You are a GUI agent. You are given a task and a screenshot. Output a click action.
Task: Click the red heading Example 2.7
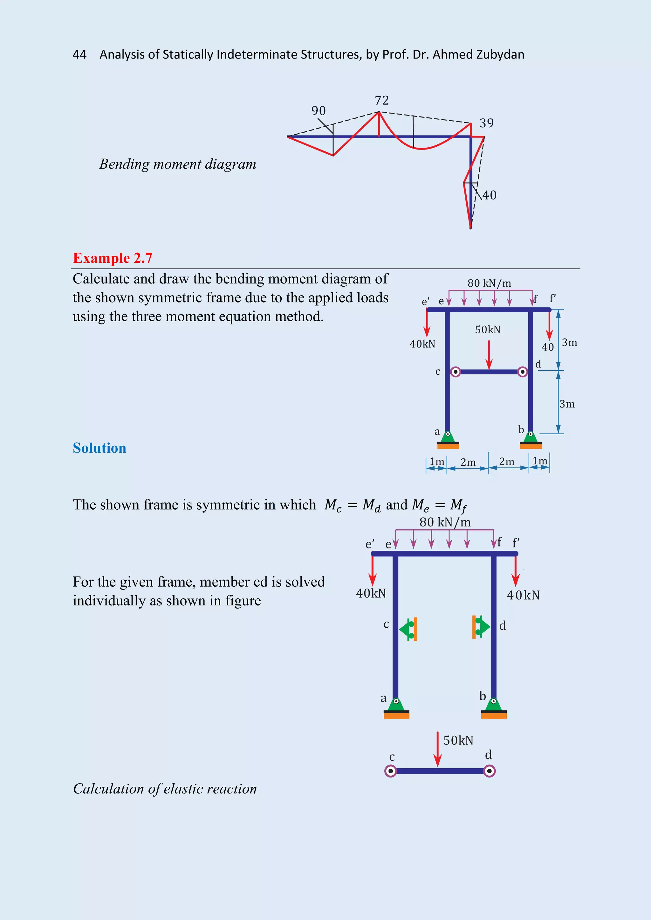113,258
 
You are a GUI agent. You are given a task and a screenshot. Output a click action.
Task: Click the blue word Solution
99,448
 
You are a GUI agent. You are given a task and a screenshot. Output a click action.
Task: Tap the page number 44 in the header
80,55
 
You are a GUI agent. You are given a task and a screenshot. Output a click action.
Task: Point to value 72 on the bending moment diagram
382,100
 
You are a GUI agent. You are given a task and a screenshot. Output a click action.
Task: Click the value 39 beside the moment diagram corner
486,123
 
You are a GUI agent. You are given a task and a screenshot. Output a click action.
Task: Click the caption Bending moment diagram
178,164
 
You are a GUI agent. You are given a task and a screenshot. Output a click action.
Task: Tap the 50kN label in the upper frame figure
487,330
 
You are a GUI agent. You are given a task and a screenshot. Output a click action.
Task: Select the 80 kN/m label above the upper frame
489,283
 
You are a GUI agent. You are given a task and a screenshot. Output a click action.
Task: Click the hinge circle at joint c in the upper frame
456,372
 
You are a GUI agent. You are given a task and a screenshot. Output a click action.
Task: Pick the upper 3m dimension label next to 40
569,343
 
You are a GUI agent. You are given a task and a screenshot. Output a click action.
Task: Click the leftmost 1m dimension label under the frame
436,462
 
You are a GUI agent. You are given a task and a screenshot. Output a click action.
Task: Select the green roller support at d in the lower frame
481,627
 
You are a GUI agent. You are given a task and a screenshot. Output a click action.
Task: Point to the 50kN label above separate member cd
458,741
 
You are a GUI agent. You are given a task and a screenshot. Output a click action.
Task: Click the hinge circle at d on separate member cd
489,771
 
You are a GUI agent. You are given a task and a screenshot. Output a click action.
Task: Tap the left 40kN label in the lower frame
371,593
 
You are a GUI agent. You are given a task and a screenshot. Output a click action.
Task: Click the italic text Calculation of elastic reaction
165,789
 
